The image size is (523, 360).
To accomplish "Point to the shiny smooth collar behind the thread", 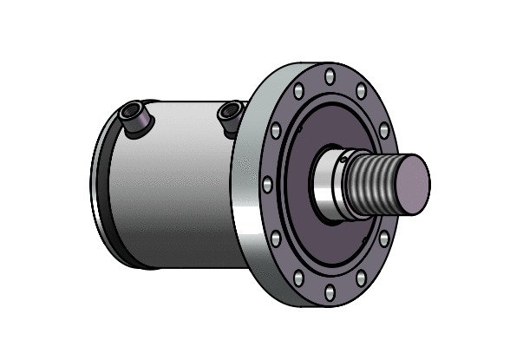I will coord(330,186).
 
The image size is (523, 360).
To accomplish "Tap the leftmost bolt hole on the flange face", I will coord(267,185).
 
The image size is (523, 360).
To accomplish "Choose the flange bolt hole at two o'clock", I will coord(382,130).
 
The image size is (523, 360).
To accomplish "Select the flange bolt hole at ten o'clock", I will coord(276,130).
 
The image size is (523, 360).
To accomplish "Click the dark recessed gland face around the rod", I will coord(347,243).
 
